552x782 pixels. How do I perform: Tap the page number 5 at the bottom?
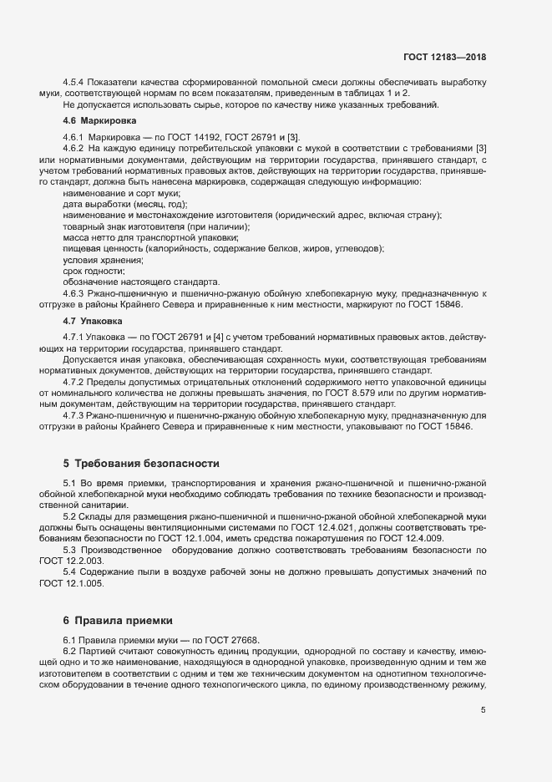point(484,710)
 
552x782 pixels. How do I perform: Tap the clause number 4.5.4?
point(75,83)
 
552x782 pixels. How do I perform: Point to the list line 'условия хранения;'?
point(102,260)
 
